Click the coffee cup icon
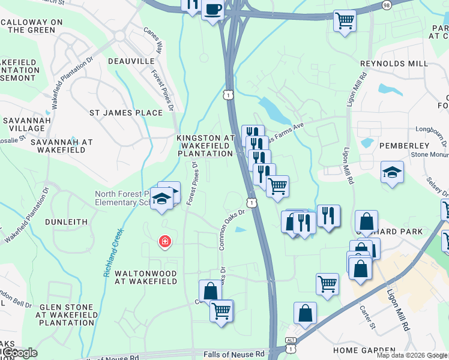212,10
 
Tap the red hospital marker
163,242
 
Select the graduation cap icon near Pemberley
392,172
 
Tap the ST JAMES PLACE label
126,112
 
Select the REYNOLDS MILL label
394,64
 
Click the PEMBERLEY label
403,145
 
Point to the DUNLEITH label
71,221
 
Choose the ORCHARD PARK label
414,231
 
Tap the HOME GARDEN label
364,350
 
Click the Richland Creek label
114,252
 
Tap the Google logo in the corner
19,352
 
